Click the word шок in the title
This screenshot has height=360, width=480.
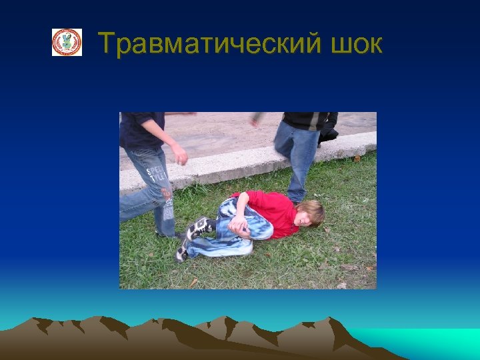[356, 44]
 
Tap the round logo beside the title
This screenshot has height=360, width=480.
[67, 43]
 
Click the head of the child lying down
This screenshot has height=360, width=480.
[310, 213]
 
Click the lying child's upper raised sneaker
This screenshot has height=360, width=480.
[199, 227]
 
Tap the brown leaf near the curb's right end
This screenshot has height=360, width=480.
[357, 159]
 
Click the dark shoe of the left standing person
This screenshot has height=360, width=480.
[167, 233]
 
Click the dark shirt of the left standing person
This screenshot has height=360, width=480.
[141, 129]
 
